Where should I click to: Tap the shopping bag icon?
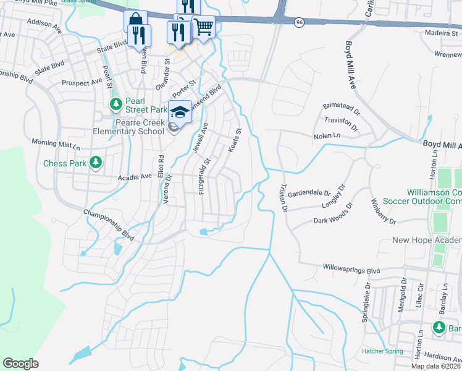[x=135, y=20]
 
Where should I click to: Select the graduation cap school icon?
[x=180, y=111]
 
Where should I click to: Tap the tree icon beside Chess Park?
[x=95, y=163]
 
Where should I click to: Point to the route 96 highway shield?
[x=300, y=22]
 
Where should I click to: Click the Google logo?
[x=20, y=363]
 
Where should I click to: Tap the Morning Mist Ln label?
[x=56, y=145]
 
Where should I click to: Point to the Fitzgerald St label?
[x=204, y=177]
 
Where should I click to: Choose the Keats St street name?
[x=235, y=140]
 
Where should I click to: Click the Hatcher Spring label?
[x=382, y=351]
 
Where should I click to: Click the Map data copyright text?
[x=434, y=365]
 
